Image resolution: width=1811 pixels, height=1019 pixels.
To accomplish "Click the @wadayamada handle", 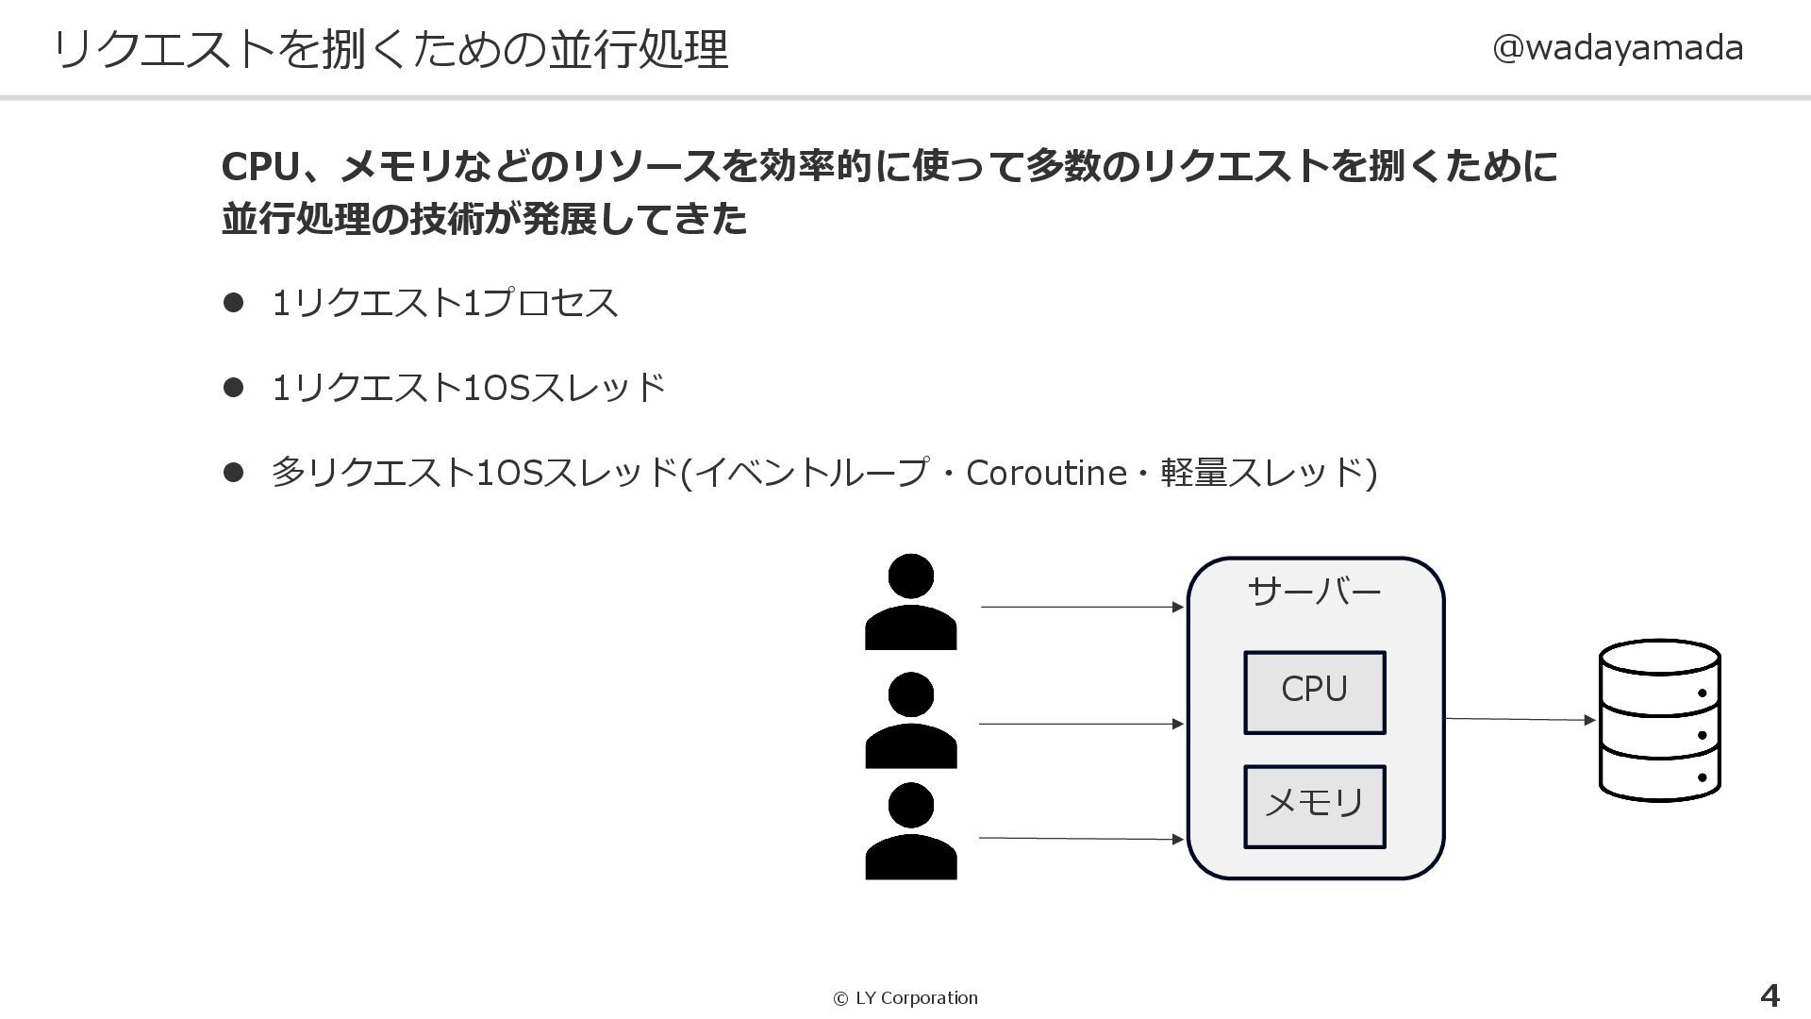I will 1617,47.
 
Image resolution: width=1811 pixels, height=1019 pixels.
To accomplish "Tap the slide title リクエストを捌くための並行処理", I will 390,49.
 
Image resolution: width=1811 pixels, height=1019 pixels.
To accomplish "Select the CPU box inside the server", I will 1314,692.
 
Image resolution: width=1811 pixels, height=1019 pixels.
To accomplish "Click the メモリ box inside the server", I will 1314,806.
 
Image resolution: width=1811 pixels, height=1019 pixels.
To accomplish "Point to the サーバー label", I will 1314,592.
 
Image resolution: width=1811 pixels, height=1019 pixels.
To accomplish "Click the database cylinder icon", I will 1659,720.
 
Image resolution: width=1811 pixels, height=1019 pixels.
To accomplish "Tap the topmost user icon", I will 910,602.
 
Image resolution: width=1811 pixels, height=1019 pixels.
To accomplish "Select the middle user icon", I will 910,720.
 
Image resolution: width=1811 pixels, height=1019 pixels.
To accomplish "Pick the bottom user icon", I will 910,831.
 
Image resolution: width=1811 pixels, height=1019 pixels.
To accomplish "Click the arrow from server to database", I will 1520,720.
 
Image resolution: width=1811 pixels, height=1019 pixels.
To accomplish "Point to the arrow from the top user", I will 1081,607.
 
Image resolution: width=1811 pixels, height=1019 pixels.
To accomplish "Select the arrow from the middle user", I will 1081,724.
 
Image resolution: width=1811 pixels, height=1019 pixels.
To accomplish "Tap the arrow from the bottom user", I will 1081,838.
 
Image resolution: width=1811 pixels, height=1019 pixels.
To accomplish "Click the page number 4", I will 1769,995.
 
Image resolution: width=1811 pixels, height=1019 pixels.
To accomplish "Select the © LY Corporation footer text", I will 905,998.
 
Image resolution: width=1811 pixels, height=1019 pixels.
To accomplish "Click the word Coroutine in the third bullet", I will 1046,473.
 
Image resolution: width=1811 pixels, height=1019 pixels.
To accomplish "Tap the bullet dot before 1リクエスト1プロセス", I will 233,303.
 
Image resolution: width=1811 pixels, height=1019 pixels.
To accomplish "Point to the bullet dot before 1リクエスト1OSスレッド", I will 233,388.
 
